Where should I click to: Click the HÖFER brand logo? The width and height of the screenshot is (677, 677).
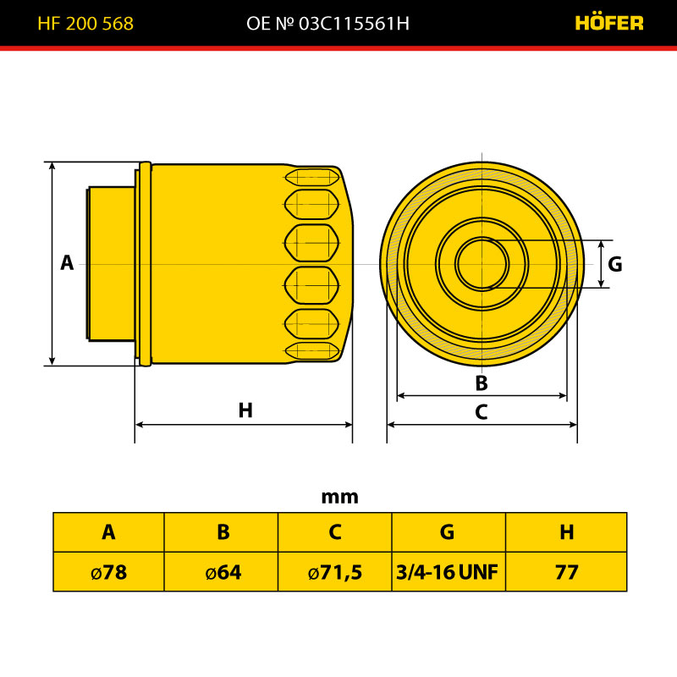(x=608, y=23)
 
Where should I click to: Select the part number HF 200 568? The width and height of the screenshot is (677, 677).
(x=85, y=24)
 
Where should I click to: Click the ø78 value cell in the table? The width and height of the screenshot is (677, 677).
(x=109, y=572)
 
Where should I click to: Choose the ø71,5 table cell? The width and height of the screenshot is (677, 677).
(x=335, y=572)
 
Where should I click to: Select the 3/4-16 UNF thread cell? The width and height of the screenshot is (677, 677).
(x=449, y=572)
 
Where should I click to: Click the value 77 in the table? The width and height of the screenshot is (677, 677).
(x=566, y=572)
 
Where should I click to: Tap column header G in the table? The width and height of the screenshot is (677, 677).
(x=448, y=532)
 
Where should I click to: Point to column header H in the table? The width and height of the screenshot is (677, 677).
(x=566, y=532)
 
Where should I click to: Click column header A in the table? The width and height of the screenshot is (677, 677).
(x=108, y=532)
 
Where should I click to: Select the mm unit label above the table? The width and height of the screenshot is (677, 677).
(x=340, y=497)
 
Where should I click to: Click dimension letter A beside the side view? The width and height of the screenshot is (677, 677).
(x=67, y=262)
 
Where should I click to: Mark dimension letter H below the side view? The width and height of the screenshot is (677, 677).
(x=245, y=410)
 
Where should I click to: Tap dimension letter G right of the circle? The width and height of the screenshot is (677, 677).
(x=615, y=264)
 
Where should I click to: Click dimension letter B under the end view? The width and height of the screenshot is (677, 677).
(x=482, y=383)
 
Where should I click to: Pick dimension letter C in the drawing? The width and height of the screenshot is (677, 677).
(x=482, y=412)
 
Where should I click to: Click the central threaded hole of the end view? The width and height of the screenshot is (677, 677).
(x=482, y=264)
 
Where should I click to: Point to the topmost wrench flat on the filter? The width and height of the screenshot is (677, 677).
(x=311, y=177)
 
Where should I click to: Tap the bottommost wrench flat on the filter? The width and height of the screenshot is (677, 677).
(x=311, y=350)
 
